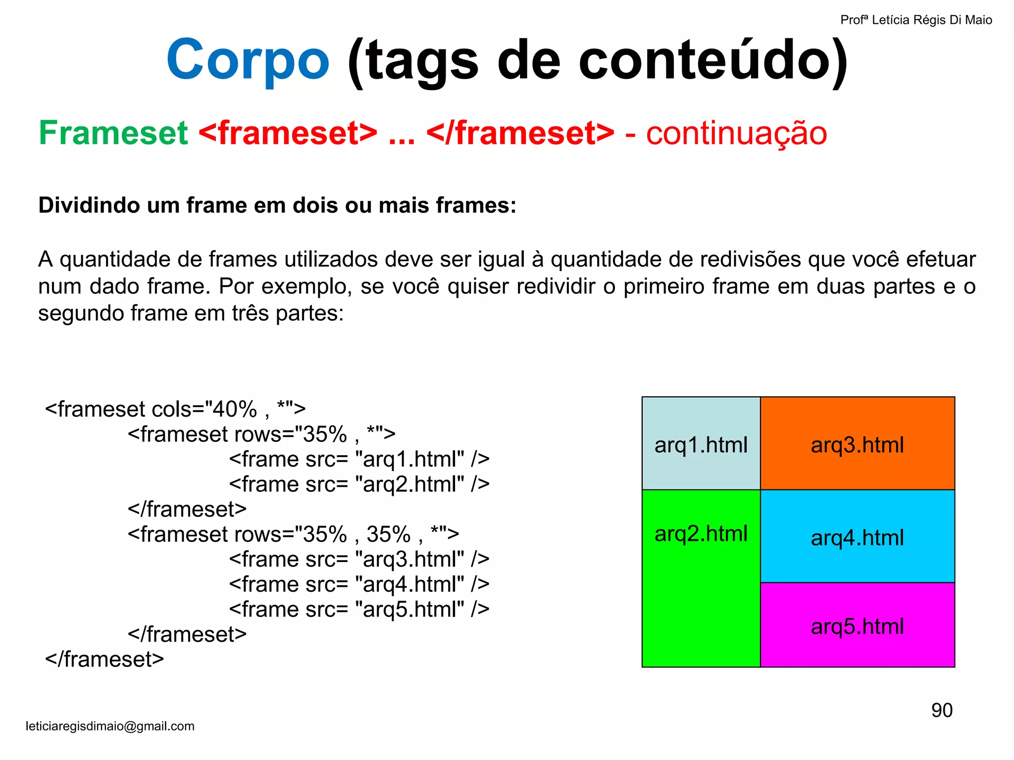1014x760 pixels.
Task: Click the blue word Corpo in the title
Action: (248, 60)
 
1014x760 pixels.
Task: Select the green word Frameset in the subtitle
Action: (113, 133)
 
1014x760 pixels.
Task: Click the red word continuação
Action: (736, 133)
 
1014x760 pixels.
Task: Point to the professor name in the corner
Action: (916, 20)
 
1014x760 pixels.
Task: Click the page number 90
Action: (942, 710)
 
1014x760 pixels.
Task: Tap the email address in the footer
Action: (110, 726)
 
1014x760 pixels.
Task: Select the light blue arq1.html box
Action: (701, 444)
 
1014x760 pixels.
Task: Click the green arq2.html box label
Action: (701, 533)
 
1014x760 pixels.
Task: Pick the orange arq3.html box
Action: (857, 444)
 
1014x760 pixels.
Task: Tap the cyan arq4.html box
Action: (857, 537)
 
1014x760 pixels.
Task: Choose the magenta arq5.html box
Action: (857, 626)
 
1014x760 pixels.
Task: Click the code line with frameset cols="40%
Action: (175, 409)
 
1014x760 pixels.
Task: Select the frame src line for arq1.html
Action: (359, 459)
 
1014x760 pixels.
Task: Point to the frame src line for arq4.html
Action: (359, 584)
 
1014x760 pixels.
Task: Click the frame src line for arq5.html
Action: (359, 609)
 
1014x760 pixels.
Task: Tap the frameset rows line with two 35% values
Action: (293, 534)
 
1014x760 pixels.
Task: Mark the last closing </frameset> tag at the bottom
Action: (104, 659)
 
